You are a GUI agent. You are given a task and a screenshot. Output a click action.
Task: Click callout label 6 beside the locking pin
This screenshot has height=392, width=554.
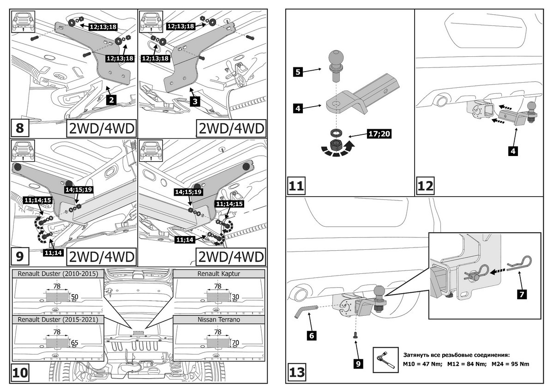coord(312,336)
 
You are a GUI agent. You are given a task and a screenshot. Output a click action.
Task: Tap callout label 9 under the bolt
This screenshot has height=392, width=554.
coord(357,364)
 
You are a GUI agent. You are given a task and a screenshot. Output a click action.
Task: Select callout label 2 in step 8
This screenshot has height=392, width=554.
coord(111,98)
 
